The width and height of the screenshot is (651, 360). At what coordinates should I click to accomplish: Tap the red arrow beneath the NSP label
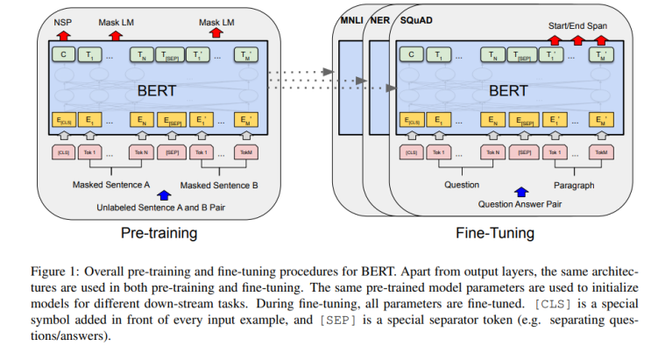click(62, 34)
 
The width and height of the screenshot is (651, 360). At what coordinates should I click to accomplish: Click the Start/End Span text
click(577, 26)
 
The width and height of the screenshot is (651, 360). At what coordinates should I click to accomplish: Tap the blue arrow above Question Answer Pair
click(522, 191)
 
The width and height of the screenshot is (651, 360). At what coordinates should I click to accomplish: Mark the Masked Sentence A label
click(111, 186)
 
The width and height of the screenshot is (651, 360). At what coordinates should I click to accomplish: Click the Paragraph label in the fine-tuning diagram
click(574, 186)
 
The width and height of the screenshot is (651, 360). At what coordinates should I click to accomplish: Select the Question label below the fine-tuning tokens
click(461, 186)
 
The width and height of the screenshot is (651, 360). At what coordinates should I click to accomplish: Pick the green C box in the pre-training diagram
click(62, 55)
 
